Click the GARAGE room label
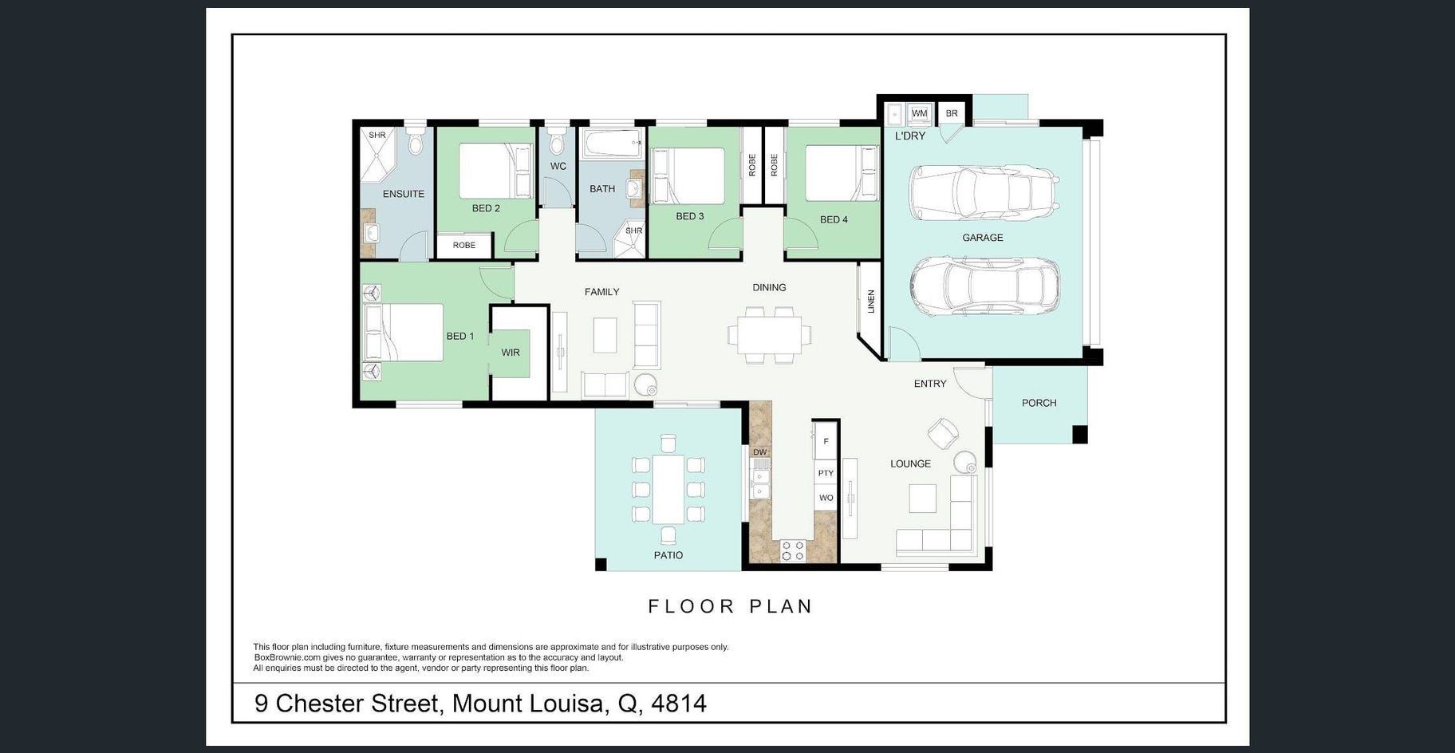982,238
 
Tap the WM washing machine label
919,113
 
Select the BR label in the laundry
952,113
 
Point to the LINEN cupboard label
871,302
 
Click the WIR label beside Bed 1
511,353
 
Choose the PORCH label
1039,403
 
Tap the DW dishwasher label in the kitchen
759,452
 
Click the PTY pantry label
826,473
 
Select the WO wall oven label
826,498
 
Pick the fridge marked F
826,441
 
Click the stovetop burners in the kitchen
792,550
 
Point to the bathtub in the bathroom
612,145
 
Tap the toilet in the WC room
558,142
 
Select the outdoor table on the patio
668,488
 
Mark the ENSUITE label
404,194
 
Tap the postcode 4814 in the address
679,704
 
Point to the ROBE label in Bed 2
463,246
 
